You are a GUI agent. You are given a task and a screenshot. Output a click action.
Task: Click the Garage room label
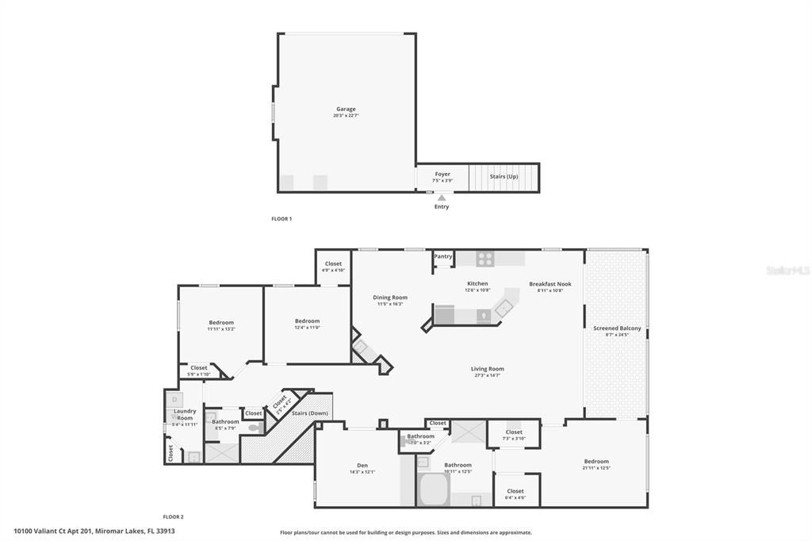point(346,109)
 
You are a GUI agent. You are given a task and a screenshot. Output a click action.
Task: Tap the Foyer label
point(442,174)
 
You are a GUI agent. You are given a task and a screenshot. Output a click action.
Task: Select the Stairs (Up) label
point(504,176)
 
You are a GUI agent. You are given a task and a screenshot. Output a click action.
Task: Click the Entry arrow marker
point(442,198)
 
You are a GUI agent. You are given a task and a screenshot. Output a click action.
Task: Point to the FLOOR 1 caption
point(282,219)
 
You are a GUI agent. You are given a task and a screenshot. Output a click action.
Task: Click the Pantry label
point(443,256)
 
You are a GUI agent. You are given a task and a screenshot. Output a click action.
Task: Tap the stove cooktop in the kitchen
point(485,259)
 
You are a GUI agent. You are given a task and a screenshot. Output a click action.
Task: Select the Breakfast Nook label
point(550,284)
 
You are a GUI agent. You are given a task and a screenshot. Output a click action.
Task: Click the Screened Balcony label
point(617,328)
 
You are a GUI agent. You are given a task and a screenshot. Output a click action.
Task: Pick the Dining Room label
point(390,297)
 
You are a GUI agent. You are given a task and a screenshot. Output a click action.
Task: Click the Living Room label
point(488,369)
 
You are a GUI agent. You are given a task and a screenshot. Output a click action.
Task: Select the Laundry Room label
point(185,414)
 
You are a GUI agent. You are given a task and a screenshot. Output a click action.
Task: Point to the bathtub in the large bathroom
point(434,489)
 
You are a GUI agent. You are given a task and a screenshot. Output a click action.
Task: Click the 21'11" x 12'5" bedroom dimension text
point(597,468)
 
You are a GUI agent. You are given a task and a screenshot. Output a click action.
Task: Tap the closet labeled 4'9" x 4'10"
point(333,267)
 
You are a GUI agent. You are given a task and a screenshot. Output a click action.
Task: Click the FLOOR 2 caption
point(173,516)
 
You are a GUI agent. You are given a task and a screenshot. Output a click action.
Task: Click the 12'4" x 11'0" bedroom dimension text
point(307,327)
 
